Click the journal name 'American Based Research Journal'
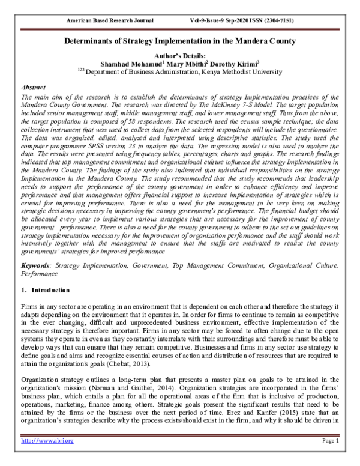[x=111, y=20]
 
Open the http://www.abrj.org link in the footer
[x=40, y=458]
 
